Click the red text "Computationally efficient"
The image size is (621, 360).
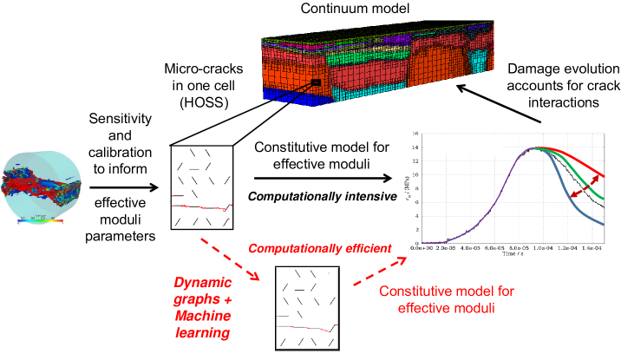point(321,249)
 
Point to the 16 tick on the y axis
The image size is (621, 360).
point(417,134)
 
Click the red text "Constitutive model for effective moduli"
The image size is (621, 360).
point(441,298)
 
